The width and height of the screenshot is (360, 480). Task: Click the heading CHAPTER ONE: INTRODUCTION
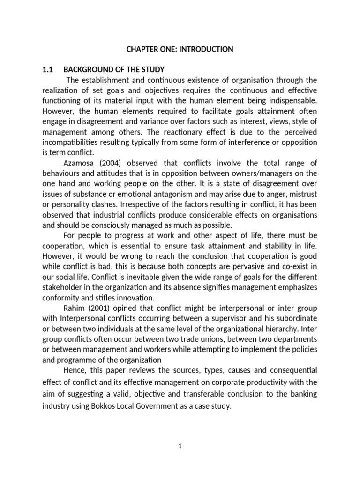coord(180,49)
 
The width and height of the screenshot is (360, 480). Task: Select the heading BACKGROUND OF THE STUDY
coord(114,70)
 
